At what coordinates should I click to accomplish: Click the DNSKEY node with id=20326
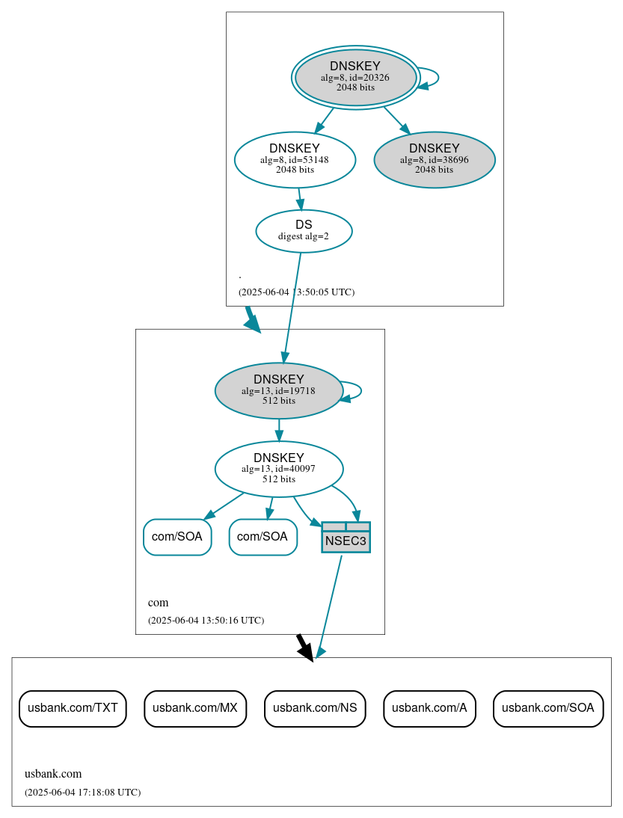[x=355, y=77]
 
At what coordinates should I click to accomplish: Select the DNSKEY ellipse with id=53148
[x=294, y=159]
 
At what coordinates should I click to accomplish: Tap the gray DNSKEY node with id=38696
[x=434, y=159]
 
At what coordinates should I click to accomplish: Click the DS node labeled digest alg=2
[x=303, y=230]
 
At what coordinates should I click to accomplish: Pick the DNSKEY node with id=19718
[x=278, y=390]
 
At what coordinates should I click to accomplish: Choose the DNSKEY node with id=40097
[x=278, y=469]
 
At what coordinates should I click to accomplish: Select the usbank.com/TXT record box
[x=73, y=708]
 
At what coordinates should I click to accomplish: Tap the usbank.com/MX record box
[x=194, y=708]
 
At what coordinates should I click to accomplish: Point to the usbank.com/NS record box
[x=314, y=708]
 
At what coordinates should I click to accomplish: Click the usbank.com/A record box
[x=429, y=708]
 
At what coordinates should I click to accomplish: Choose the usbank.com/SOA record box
[x=547, y=708]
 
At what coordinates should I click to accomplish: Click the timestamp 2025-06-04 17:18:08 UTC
[x=82, y=792]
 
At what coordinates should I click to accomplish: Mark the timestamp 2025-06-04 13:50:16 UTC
[x=206, y=620]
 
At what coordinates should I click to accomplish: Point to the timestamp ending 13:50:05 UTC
[x=296, y=292]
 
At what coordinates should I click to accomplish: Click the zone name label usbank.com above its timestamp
[x=53, y=774]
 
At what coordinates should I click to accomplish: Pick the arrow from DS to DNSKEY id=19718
[x=292, y=307]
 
